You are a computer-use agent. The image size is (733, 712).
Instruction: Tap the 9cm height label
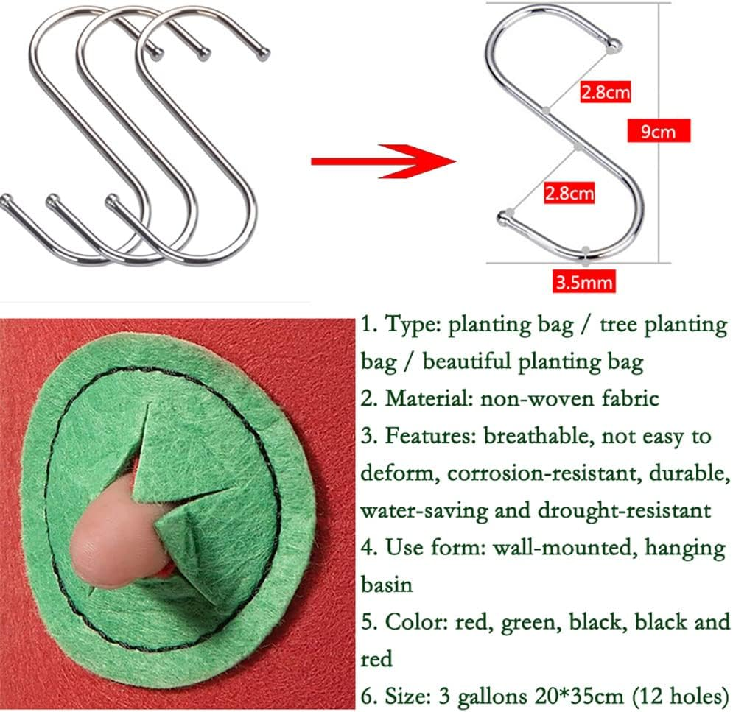coord(650,132)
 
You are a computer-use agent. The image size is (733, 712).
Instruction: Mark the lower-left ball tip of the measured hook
coord(505,216)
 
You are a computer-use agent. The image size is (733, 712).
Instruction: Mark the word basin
coord(386,584)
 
